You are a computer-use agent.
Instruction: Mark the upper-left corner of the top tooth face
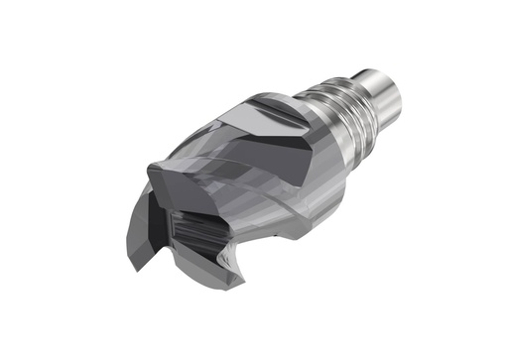pyautogui.click(x=149, y=168)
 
